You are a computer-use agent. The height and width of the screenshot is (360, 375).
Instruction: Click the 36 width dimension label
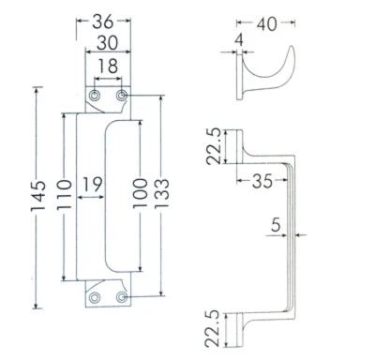pos(102,22)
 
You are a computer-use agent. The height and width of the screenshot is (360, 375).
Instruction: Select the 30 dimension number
pos(107,43)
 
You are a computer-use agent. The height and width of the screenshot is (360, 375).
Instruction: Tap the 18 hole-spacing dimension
pos(108,66)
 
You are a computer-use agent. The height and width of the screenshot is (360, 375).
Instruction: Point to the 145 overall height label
pos(38,196)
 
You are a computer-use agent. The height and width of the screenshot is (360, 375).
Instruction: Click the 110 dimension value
pos(65,194)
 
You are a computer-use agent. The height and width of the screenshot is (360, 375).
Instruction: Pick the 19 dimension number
pos(92,185)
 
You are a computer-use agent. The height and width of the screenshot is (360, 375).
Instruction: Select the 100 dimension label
pos(140,193)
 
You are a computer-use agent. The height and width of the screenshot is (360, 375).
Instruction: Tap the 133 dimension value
pos(161,193)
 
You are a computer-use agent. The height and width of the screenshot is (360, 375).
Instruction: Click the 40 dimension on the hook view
pos(267,24)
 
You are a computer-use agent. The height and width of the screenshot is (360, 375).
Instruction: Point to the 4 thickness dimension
pos(239,40)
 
